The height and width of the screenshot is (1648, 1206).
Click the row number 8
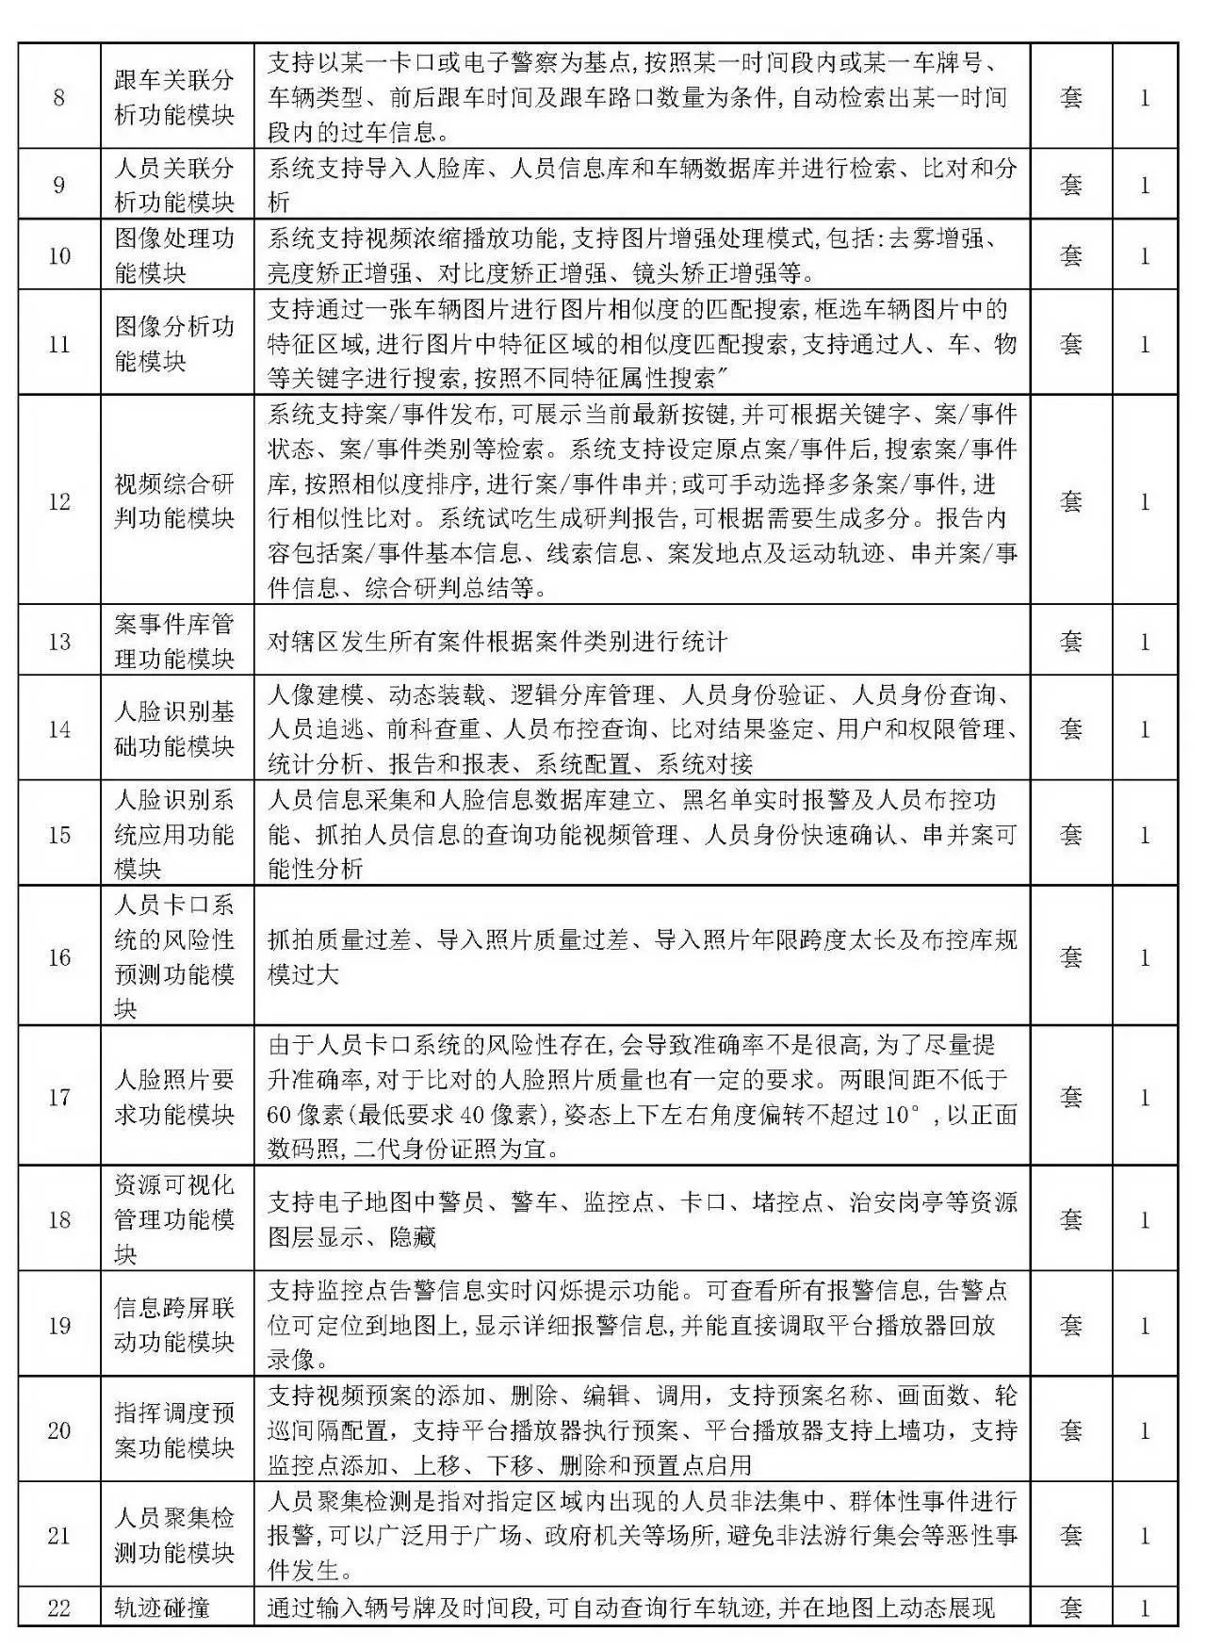(58, 97)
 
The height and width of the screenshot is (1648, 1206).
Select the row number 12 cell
(58, 501)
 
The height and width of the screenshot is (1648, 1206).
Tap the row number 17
(58, 1097)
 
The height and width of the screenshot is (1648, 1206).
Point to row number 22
(58, 1607)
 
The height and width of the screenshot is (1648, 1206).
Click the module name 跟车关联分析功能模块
(174, 97)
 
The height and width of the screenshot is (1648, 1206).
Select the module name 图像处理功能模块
(174, 255)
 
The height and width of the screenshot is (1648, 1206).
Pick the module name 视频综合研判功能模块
(174, 501)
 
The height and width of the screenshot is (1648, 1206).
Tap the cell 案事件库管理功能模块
(174, 642)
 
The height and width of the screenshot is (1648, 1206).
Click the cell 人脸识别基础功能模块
(174, 728)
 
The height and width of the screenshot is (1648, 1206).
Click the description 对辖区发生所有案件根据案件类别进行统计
(497, 643)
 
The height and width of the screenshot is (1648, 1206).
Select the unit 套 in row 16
(1071, 957)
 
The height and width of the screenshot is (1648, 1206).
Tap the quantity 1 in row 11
(1145, 344)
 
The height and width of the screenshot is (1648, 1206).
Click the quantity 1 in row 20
(1145, 1430)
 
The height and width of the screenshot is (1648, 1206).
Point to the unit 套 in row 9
(1071, 185)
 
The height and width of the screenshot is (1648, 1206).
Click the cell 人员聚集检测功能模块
(174, 1536)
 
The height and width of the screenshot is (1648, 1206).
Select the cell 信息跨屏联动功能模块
(174, 1325)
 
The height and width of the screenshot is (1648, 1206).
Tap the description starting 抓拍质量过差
(641, 957)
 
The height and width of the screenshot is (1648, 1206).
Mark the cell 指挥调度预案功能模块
(174, 1430)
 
